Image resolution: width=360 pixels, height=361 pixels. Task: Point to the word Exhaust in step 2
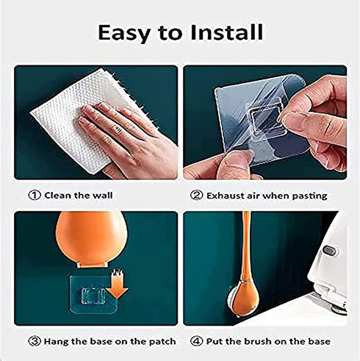coord(225,196)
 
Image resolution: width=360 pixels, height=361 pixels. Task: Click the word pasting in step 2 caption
coord(307,196)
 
